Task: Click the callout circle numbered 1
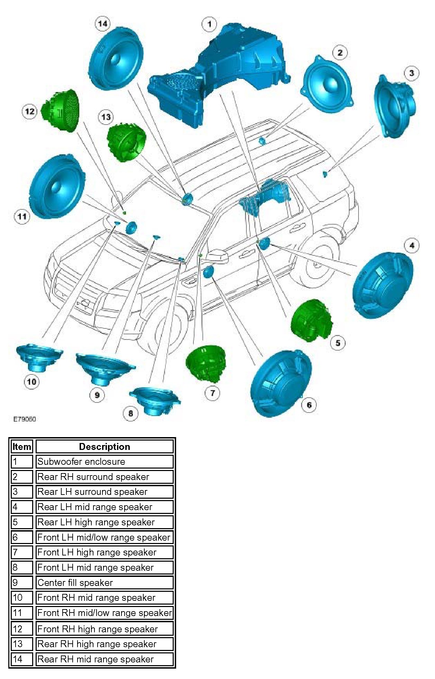(x=209, y=25)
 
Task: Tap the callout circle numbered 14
(x=102, y=24)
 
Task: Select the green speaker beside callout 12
(x=62, y=110)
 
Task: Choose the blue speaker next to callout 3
(x=395, y=106)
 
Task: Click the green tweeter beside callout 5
(x=311, y=320)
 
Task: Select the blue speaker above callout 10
(x=39, y=357)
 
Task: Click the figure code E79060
(x=25, y=419)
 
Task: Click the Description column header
(x=105, y=446)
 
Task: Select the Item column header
(x=22, y=446)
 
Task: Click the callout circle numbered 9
(x=97, y=395)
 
